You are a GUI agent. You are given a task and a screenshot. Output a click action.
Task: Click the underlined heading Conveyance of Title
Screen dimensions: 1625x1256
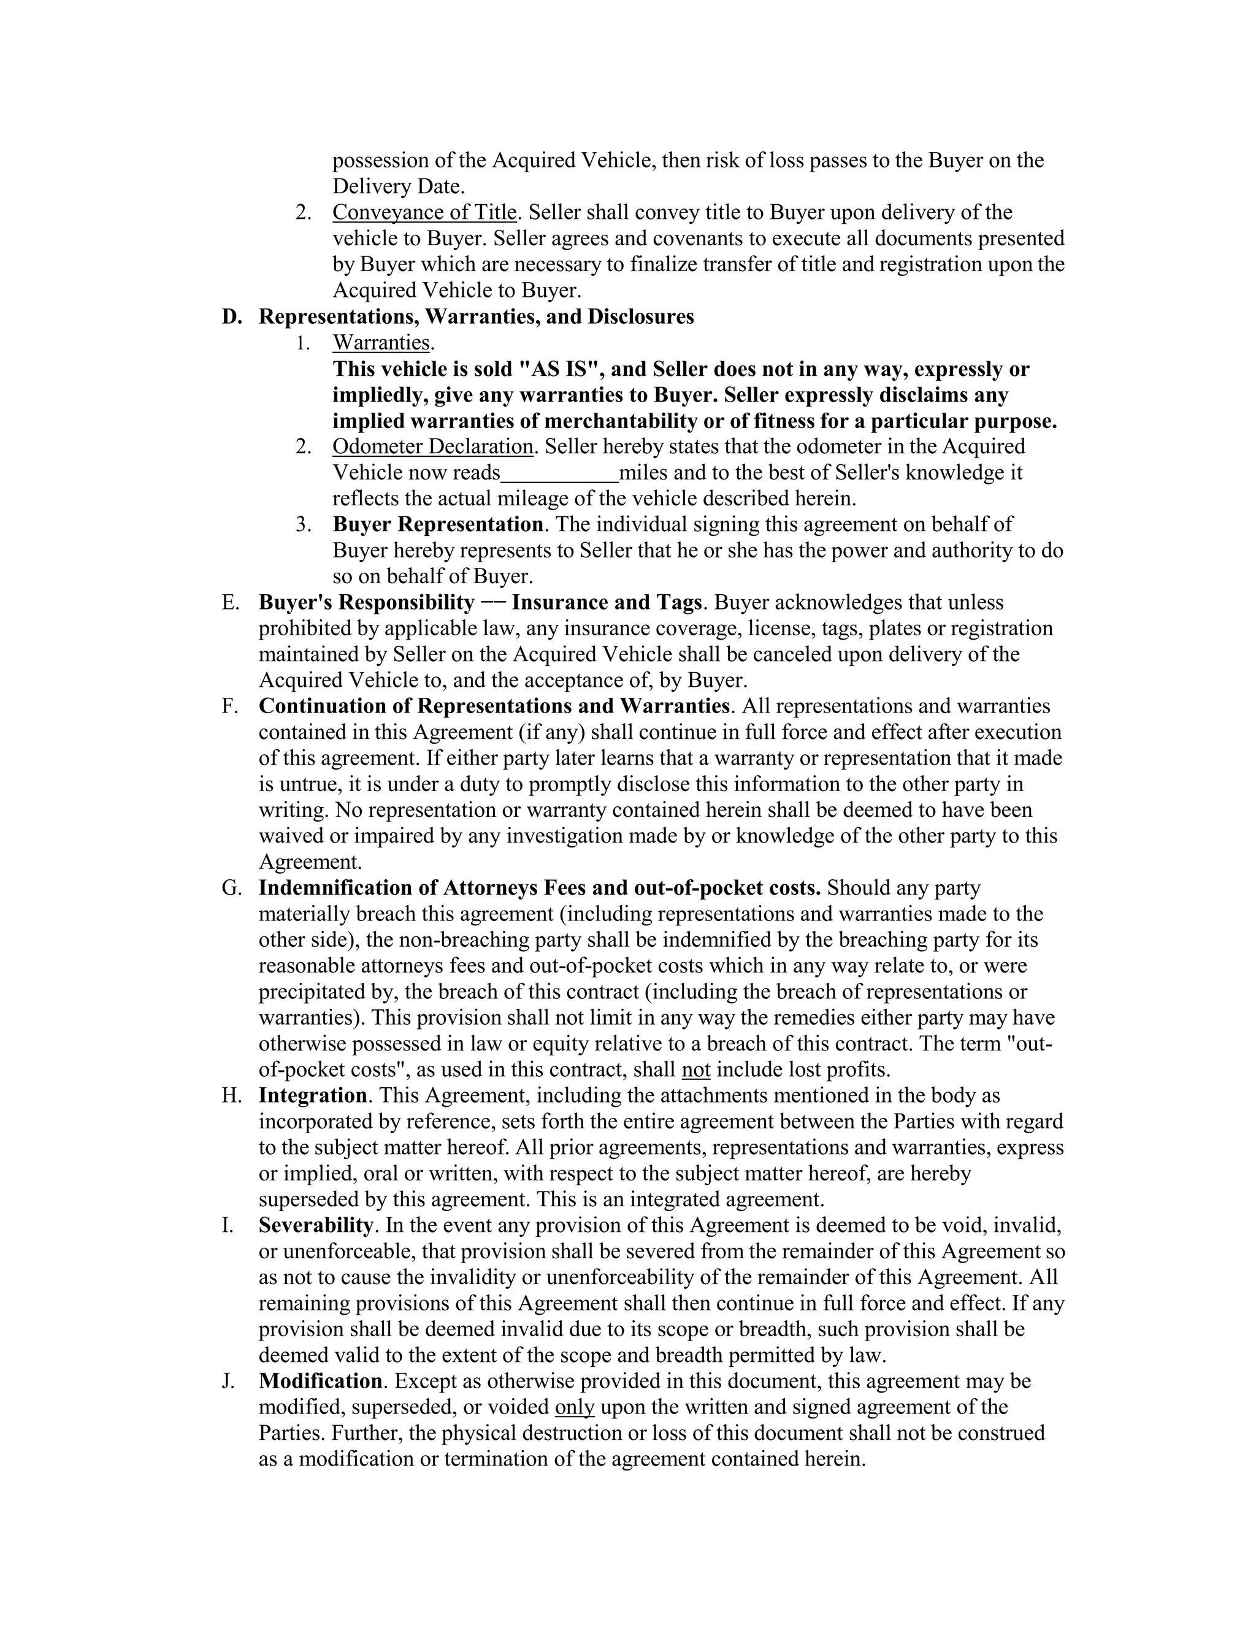[424, 213]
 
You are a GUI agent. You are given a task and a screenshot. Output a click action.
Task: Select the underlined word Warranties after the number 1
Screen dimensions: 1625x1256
[381, 343]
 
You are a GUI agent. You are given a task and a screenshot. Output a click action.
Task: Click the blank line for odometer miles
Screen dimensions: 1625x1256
[559, 473]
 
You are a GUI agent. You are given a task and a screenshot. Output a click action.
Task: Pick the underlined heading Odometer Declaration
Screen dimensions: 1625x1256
[432, 447]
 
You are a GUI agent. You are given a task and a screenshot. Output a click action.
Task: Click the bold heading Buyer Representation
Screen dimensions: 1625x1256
[437, 524]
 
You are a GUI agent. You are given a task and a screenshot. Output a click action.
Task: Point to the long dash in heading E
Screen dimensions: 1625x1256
[492, 602]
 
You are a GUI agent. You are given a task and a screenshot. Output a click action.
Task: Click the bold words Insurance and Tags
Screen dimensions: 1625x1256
[607, 602]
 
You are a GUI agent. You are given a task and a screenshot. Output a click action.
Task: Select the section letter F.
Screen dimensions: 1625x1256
[229, 706]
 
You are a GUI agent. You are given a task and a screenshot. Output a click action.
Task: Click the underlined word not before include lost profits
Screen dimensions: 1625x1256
[695, 1070]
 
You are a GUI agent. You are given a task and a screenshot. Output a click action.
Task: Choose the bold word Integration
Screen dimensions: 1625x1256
[313, 1096]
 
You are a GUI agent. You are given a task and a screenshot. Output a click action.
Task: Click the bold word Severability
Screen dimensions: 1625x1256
[315, 1225]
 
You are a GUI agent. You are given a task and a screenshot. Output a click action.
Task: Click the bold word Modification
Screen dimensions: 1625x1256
[321, 1382]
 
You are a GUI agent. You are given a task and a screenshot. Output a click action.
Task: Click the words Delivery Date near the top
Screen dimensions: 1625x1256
[397, 187]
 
